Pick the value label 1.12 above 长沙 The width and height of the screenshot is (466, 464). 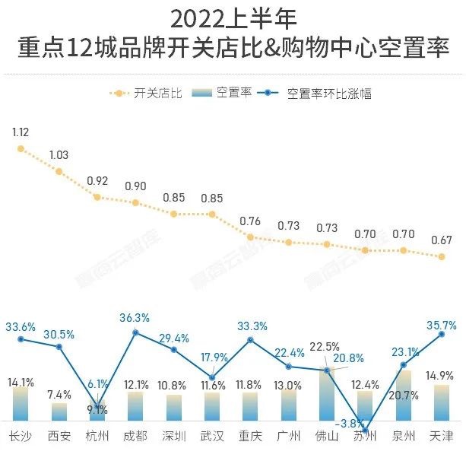tap(21, 132)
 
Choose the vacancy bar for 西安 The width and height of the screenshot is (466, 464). tap(59, 412)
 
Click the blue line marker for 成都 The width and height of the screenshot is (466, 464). tap(135, 332)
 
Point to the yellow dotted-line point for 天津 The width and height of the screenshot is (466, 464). tap(442, 256)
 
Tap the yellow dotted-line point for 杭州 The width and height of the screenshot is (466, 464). tap(97, 196)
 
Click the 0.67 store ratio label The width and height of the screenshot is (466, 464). tap(442, 240)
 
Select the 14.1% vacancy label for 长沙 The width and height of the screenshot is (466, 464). tap(21, 382)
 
